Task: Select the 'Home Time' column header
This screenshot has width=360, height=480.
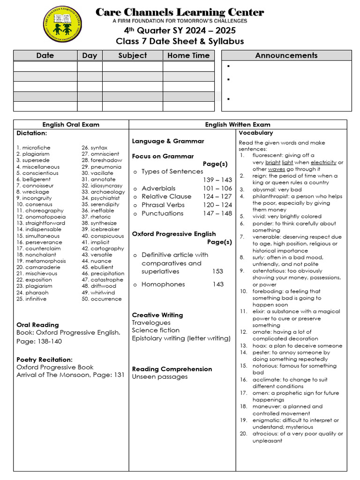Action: tap(188, 55)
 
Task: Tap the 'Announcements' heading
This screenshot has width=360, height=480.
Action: tap(286, 55)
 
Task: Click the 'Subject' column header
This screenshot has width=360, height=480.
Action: tap(132, 55)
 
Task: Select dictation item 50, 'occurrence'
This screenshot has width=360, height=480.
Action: tap(106, 299)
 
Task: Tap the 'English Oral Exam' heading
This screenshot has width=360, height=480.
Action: tap(71, 125)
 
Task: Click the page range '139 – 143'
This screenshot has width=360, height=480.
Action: tap(217, 180)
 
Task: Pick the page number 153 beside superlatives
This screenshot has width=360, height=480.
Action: tap(217, 271)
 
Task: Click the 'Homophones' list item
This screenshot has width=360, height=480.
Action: tap(163, 285)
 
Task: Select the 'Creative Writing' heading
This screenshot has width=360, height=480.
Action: tap(157, 315)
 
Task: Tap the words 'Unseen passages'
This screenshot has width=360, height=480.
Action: tap(160, 377)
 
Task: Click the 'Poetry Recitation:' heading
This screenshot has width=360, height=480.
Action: tap(45, 360)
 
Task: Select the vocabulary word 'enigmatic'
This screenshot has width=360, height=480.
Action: tap(266, 420)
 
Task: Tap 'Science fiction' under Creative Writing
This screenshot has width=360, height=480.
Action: tap(156, 330)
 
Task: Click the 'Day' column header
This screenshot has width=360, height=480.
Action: tap(90, 55)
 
